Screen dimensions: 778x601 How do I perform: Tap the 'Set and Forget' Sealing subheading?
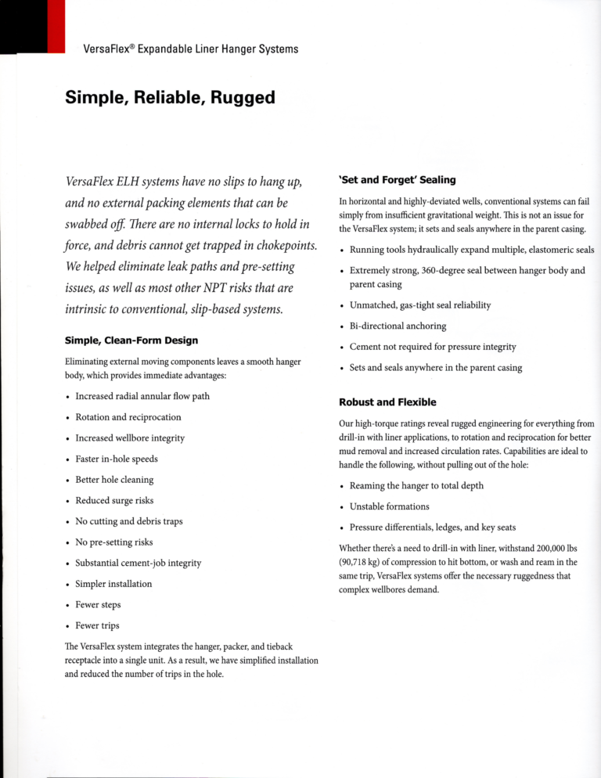click(397, 180)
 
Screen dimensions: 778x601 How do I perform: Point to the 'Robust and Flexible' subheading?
click(387, 402)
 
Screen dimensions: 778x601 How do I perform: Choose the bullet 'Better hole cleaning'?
click(114, 480)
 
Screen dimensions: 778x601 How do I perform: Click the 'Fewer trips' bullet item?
click(98, 626)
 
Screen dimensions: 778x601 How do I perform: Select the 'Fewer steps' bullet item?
click(98, 605)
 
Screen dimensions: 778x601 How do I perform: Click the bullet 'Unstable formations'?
click(390, 506)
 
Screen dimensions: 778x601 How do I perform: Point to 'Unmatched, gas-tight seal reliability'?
click(420, 304)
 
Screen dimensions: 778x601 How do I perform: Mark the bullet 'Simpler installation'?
click(113, 584)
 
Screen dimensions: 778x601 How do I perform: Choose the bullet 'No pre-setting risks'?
click(114, 542)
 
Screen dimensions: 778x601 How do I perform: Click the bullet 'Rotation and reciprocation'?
click(128, 417)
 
